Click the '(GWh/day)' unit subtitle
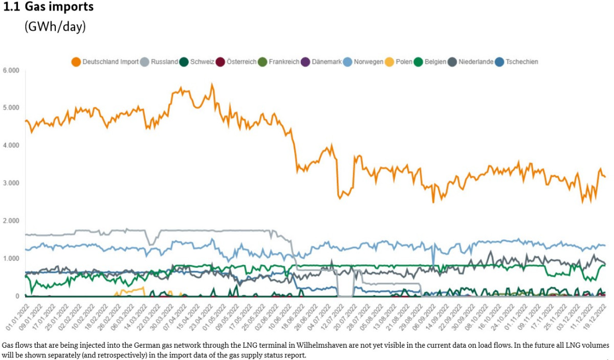click(x=55, y=27)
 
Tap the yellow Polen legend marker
click(x=389, y=62)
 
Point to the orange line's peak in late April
click(x=212, y=85)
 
